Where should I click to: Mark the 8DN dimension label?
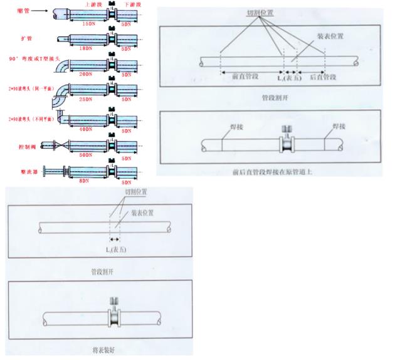click(x=84, y=180)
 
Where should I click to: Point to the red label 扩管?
click(x=24, y=38)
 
